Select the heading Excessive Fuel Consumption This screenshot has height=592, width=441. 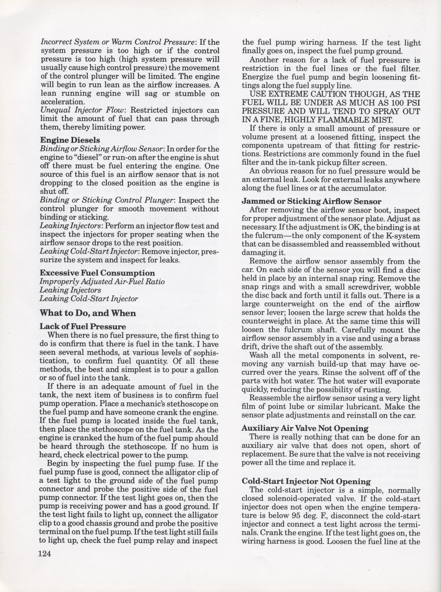coord(97,273)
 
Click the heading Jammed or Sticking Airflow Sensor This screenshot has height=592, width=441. coord(311,201)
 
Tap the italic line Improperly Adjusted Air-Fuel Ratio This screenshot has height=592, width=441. coord(102,282)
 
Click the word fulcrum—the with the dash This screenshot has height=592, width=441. coord(267,236)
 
